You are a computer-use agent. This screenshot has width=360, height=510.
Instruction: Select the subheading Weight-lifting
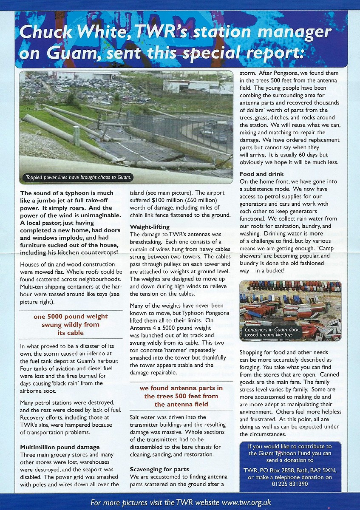coord(150,227)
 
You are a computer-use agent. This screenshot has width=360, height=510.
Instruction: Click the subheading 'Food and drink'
coord(261,174)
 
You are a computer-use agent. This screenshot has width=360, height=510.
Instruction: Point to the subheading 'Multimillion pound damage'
coord(60,447)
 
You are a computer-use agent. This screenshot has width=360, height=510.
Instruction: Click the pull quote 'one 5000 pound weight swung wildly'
coord(71,325)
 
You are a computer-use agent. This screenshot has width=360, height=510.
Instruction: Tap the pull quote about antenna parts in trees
coord(181,396)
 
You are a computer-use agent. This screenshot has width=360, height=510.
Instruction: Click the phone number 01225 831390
coord(290,484)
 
